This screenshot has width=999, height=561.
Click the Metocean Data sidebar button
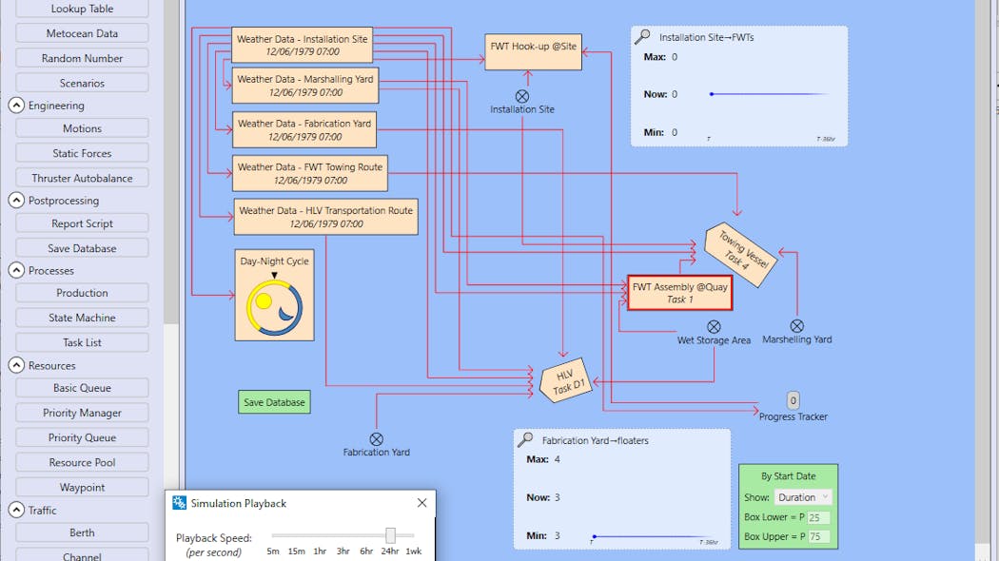coord(82,33)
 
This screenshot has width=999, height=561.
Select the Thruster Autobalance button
coord(82,178)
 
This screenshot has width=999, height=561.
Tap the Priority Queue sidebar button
coord(82,437)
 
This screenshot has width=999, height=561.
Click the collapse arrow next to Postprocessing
coord(16,201)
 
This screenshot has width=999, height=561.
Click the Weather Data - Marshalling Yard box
coord(305,86)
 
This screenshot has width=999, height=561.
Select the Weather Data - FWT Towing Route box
coord(310,173)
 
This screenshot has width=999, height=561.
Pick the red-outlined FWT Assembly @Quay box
coord(679,292)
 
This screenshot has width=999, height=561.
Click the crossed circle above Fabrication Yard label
coord(377,439)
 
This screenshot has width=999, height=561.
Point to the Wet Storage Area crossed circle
coord(714,327)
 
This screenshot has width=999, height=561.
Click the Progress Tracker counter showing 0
coord(793,400)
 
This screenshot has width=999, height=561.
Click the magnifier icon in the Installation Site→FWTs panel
coord(643,37)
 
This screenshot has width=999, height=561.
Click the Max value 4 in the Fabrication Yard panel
coord(558,459)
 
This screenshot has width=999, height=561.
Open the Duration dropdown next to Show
coord(803,497)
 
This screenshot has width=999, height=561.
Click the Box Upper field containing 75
coord(818,537)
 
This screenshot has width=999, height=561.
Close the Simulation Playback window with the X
coord(421,503)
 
